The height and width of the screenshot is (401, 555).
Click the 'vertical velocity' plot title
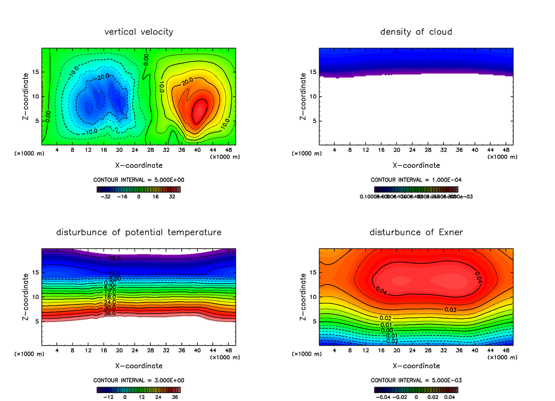139,32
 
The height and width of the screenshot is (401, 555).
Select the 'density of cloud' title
416,32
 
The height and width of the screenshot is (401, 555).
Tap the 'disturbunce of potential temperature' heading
139,232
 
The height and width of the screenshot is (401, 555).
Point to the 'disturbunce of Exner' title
416,232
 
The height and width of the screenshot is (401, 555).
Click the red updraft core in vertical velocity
199,110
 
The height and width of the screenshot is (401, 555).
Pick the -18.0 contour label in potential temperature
113,258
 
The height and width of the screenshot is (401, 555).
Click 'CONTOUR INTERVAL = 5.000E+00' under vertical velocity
139,180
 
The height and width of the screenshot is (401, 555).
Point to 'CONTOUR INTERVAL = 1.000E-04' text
416,180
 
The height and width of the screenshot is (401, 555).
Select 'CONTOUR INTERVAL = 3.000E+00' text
139,380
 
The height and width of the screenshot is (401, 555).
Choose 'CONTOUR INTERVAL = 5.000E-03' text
416,380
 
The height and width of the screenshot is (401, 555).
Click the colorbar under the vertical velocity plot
139,189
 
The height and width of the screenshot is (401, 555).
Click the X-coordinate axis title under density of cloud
416,165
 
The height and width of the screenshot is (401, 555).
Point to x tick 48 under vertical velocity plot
228,150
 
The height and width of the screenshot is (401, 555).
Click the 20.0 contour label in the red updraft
187,81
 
